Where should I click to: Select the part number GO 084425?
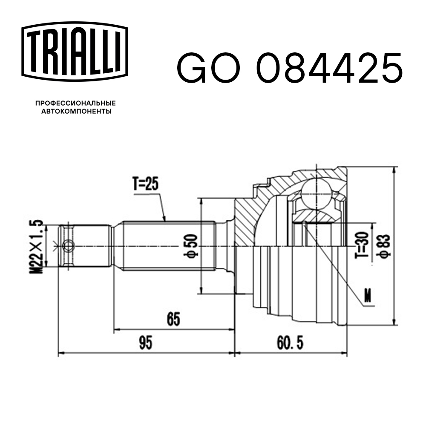point(289,68)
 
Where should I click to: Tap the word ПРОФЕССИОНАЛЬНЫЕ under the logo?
point(75,103)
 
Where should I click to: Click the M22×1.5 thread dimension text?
point(38,246)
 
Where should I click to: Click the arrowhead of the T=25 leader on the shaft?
point(164,219)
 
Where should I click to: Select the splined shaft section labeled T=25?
point(168,246)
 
